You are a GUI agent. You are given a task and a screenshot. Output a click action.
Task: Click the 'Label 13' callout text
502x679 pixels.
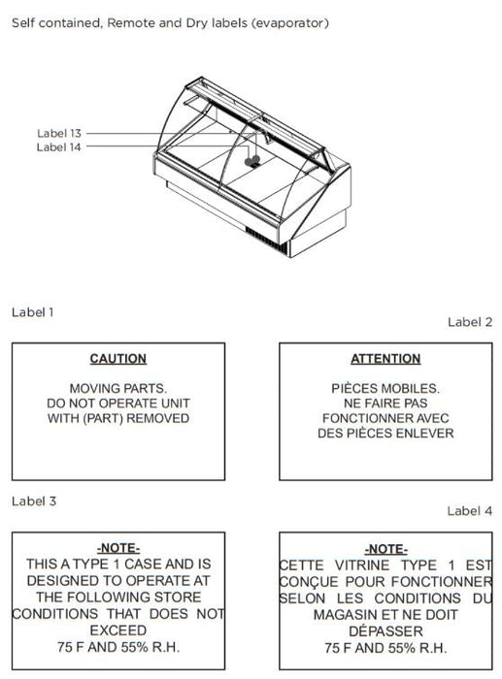point(59,134)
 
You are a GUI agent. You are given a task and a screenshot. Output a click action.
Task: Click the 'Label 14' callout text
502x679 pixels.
point(59,147)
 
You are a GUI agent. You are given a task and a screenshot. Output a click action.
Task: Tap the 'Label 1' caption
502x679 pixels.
point(32,312)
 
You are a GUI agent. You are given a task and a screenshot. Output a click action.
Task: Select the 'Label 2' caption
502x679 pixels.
point(470,322)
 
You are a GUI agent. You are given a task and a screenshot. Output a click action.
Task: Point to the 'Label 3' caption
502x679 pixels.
point(34,501)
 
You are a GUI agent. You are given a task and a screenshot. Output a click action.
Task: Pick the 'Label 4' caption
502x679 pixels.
point(470,511)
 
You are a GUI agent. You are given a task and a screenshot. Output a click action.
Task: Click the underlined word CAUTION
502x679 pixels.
point(118,359)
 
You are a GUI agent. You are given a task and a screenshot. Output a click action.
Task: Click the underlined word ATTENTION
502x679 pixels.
point(385,359)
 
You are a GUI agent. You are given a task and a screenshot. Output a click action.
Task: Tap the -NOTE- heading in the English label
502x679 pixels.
point(118,548)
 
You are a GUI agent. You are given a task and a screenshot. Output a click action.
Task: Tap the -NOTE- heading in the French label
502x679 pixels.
point(385,550)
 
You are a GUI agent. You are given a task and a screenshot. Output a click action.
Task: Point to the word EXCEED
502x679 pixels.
point(118,630)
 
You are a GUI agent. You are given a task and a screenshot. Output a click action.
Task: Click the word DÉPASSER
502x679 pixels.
point(385,630)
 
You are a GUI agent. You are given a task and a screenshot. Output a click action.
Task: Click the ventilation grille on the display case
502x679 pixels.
point(266,241)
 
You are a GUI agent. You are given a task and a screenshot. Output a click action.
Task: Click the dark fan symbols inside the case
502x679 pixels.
point(252,161)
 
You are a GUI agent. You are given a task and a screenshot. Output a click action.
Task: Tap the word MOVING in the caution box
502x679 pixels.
point(90,388)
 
